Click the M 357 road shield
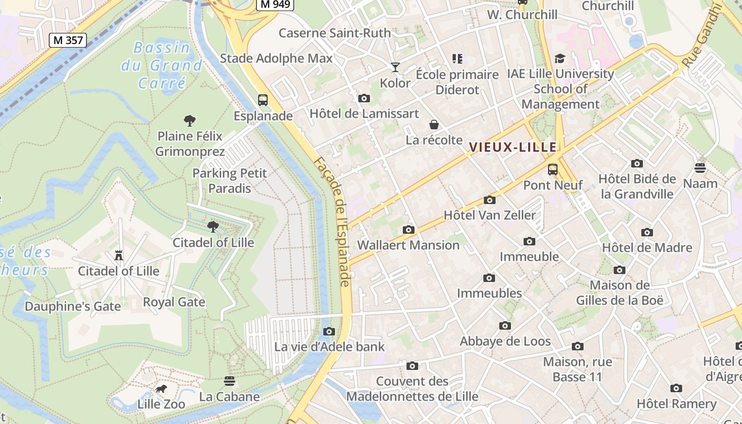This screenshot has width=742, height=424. [x=67, y=40]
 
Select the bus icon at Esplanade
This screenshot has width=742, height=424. [x=262, y=100]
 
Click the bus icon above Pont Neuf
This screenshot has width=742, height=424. [x=553, y=170]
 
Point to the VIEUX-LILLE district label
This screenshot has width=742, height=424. [x=513, y=147]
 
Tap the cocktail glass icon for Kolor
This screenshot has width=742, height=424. [x=395, y=67]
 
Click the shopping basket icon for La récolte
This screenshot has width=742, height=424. [x=434, y=125]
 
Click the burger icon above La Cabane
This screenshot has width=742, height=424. [x=229, y=381]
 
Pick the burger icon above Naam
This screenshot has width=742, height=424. [x=700, y=168]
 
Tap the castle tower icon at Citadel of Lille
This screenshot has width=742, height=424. [x=119, y=255]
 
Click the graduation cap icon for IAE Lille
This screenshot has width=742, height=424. [x=560, y=58]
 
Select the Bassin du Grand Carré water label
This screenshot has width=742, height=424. [x=162, y=65]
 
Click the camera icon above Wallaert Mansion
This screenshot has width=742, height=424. [x=408, y=229]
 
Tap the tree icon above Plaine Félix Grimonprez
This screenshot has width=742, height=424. [x=190, y=120]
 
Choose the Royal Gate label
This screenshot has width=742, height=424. [x=174, y=302]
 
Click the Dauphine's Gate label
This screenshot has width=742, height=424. [x=73, y=306]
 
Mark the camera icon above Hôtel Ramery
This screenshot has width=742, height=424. [x=676, y=388]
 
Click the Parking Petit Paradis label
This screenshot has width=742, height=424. [x=229, y=181]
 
